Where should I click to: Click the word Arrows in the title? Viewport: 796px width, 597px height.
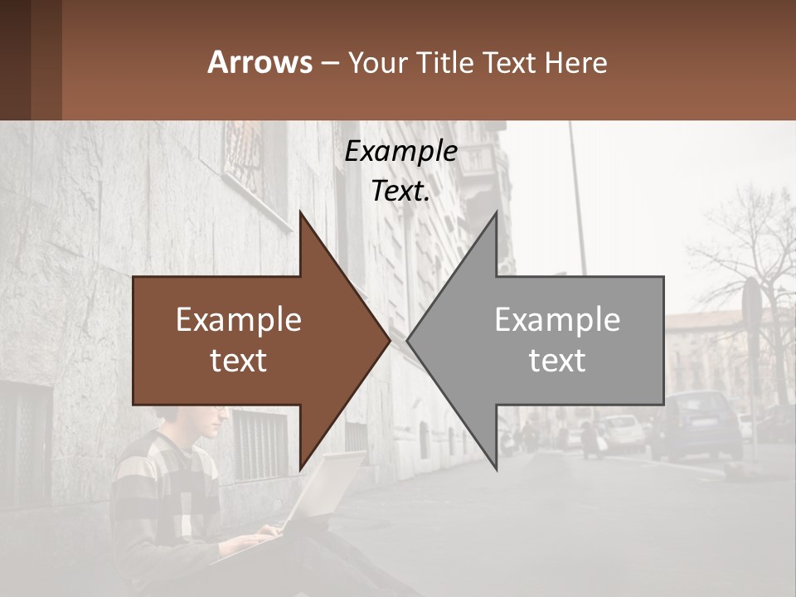pos(260,62)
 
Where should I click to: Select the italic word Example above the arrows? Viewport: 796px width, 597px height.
pos(400,152)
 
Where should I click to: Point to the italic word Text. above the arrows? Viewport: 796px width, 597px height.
pos(400,192)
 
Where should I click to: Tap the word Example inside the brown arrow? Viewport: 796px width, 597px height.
pos(239,320)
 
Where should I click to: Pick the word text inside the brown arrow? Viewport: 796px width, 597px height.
pos(239,361)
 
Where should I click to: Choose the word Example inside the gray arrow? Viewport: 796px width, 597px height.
pos(557,320)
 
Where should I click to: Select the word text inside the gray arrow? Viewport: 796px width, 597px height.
pos(557,361)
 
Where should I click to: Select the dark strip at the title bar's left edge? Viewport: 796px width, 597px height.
pos(15,60)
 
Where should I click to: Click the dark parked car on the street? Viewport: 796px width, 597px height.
pos(696,427)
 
